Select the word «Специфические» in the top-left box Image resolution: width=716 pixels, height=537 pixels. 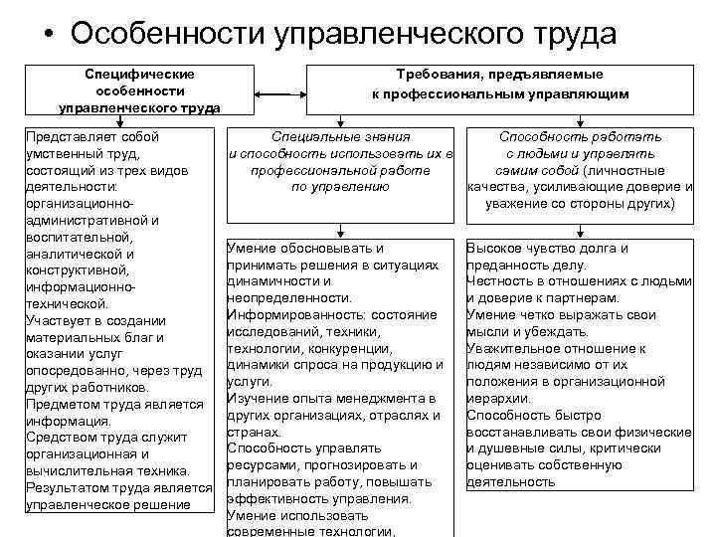[139, 74]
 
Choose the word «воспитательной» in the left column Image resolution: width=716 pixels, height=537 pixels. [78, 239]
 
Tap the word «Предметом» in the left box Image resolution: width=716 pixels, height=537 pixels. [66, 404]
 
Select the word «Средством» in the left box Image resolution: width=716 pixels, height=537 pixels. [64, 438]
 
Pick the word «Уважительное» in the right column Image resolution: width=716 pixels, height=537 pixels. [514, 348]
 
